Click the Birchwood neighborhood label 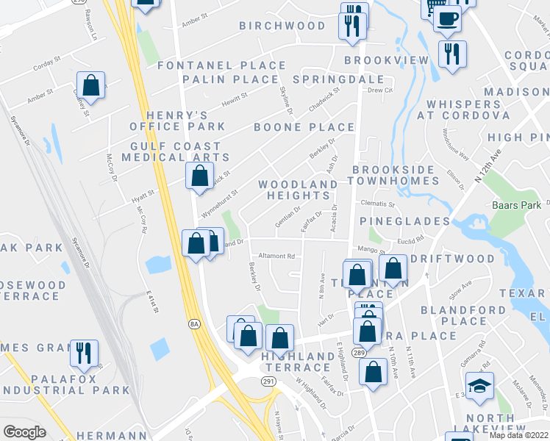pos(282,26)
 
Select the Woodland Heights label pos(298,190)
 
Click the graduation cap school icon pos(479,386)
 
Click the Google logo pos(24,431)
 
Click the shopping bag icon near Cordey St pos(90,86)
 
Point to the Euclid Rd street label pos(412,239)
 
